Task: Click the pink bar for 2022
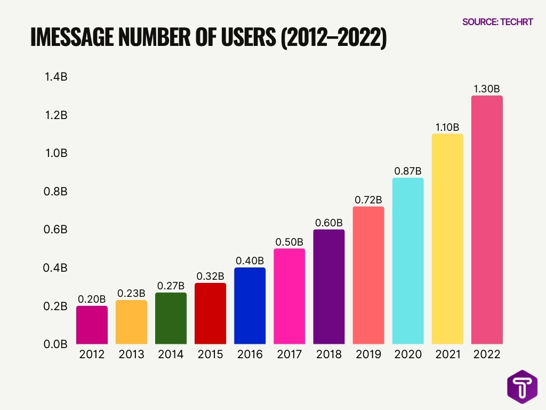coord(487,220)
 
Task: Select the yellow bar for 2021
coord(447,239)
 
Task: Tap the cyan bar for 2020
coord(408,261)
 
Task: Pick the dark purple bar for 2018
coord(329,287)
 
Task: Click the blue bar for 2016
coord(250,306)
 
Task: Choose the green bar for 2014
coord(171,318)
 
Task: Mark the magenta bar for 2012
coord(92,325)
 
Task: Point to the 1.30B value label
coord(487,89)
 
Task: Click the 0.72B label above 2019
coord(368,200)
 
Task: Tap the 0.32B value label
coord(211,277)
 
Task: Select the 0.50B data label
coord(290,242)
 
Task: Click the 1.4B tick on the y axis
coord(55,77)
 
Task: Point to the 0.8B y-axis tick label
coord(55,191)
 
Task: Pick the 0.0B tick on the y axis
coord(55,344)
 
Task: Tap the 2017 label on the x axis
coord(290,355)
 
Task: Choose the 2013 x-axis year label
coord(131,355)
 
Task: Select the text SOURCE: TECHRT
coord(497,22)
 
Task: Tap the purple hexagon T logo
coord(522,386)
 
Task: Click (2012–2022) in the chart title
coord(333,39)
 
